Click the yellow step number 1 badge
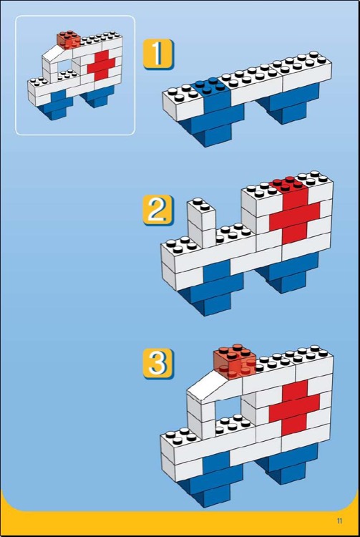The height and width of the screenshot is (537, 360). (158, 54)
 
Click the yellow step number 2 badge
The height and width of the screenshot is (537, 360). (158, 210)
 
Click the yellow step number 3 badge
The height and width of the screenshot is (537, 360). (158, 363)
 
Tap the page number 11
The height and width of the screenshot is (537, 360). (339, 521)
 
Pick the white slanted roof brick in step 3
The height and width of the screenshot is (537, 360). (214, 385)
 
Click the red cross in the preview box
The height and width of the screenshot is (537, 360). (102, 64)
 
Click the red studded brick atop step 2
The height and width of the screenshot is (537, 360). (290, 188)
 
